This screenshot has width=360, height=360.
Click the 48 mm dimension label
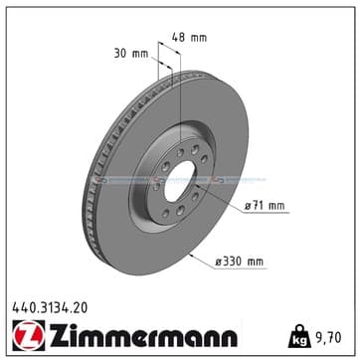pos(189,37)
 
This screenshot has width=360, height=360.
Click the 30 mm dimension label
pos(131,54)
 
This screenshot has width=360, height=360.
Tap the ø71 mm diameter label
pos(265,206)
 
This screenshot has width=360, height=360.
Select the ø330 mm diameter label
pos(240,262)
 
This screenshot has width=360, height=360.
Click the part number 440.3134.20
pos(50,308)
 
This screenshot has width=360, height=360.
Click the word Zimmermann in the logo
pos(143,335)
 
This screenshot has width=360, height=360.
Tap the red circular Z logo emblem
pos(29,335)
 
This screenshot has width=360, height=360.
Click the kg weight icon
pos(299,336)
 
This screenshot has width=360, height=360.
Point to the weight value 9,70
pos(328,338)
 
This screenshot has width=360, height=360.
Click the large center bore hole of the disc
pos(180,181)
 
